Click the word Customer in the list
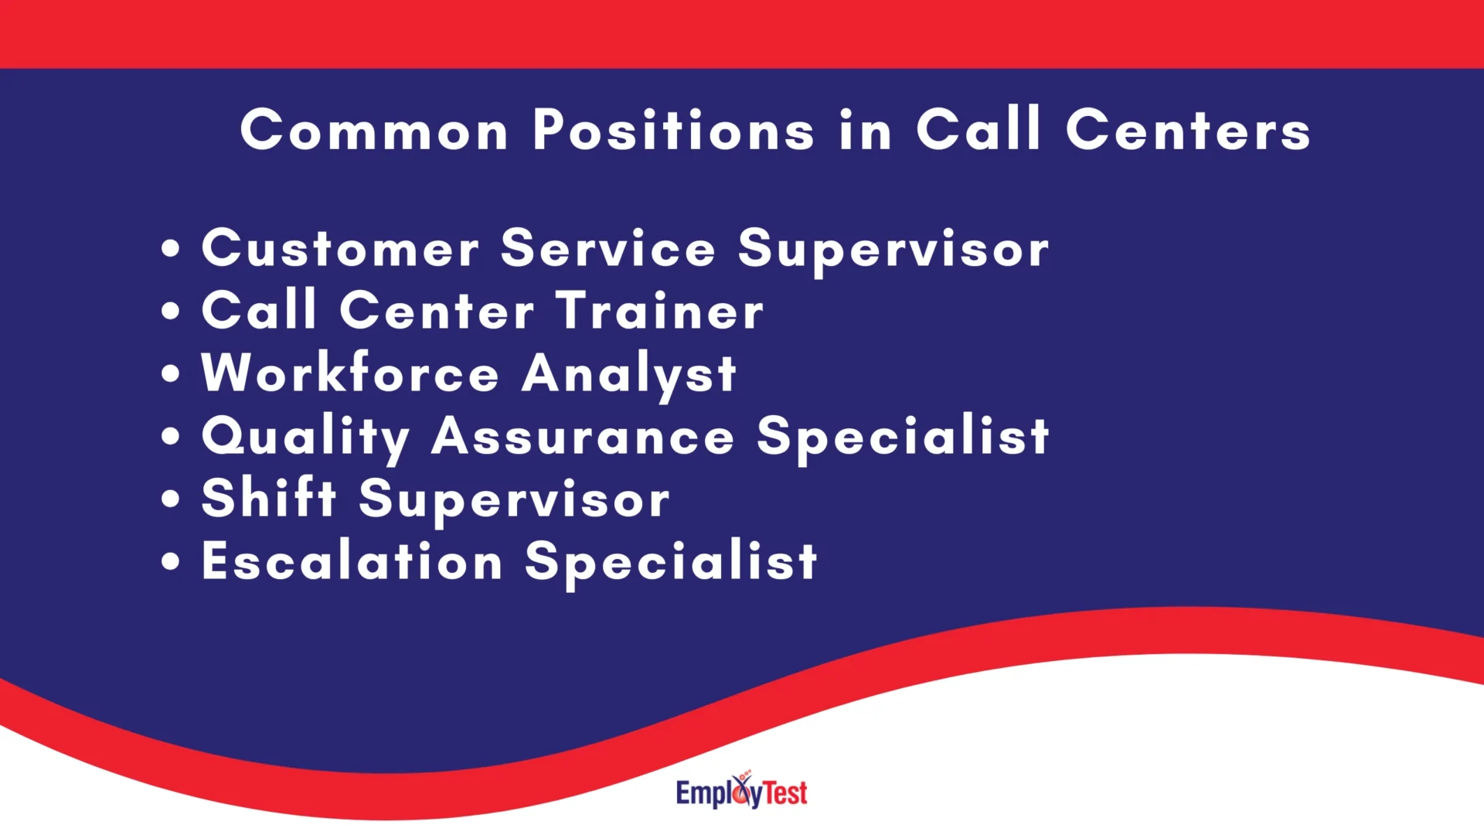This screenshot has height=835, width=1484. coord(340,249)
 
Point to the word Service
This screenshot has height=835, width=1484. coord(608,249)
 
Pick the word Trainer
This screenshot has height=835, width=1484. coord(660,312)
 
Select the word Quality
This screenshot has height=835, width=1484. coord(305,438)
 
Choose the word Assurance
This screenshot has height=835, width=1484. coord(583,438)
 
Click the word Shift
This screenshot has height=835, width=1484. coord(269,499)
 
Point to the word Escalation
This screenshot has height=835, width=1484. coord(352,561)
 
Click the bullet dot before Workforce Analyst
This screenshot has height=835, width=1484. coord(171,374)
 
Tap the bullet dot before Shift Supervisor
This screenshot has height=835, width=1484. coord(171,499)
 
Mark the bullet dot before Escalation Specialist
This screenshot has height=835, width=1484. coord(171,562)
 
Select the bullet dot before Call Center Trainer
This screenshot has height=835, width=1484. coord(171,312)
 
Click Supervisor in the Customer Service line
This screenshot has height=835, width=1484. coord(893,250)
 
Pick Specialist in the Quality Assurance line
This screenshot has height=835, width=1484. coord(903,438)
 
